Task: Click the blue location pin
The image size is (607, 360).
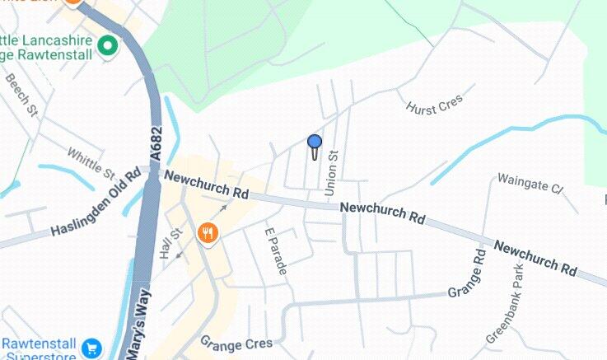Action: coord(314,143)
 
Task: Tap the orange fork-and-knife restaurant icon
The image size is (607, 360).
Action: coord(208,233)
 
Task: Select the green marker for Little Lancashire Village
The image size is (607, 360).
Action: coord(107,46)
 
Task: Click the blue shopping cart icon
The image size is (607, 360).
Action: coord(91,348)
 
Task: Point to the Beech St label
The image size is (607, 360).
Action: coord(22,96)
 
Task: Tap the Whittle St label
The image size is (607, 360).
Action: coord(91,163)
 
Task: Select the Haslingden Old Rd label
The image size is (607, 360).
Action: coord(96,203)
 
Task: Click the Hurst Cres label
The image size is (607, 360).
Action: coord(435,104)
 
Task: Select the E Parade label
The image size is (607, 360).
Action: coord(273,250)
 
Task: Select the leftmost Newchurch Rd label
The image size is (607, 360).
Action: coord(206,185)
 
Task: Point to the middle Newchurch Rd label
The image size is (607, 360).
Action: coord(383,213)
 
